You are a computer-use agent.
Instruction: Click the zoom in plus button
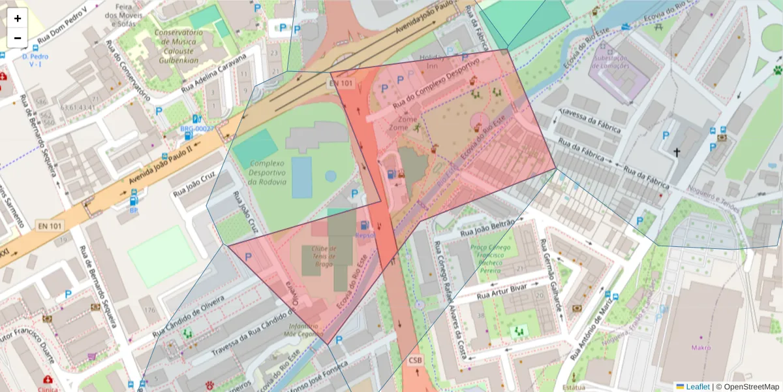click(x=18, y=18)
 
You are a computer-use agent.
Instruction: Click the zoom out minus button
click(x=18, y=38)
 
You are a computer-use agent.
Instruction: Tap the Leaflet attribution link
click(x=697, y=387)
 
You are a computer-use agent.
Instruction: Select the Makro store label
click(x=701, y=348)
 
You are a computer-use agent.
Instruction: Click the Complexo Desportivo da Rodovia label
click(x=258, y=172)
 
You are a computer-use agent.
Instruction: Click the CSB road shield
click(x=416, y=361)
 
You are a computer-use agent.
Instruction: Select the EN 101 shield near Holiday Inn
click(x=341, y=84)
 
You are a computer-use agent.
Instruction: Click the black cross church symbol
click(x=677, y=153)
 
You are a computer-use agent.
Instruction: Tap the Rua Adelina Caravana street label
click(x=215, y=73)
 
